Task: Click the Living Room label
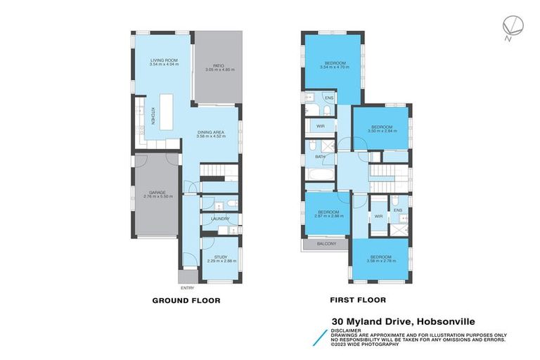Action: coord(161,61)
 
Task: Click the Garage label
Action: coord(157,192)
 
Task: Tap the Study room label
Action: coord(220,257)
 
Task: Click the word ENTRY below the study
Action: coord(187,288)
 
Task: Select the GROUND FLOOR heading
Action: coord(186,300)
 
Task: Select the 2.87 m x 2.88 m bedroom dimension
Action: coord(328,216)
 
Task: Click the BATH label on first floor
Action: coord(319,157)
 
